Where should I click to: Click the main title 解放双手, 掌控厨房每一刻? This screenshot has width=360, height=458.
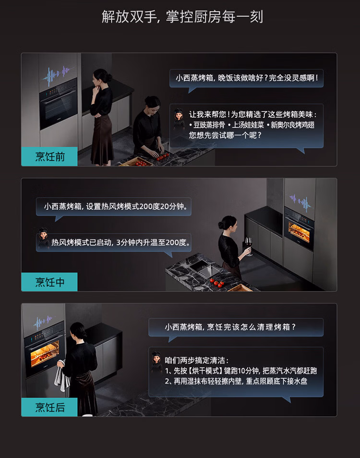[x=182, y=16]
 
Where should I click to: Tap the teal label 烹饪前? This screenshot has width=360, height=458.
[x=49, y=156]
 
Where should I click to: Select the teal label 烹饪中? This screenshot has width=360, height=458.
[x=49, y=282]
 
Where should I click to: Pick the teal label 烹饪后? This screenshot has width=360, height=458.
[x=49, y=407]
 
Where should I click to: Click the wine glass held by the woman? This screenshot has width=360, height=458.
[x=249, y=246]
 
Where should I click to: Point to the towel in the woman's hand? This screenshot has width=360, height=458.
[x=61, y=377]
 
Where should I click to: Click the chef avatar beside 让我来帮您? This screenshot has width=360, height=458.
[x=179, y=118]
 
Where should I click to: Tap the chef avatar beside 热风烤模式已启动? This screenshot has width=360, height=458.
[x=44, y=238]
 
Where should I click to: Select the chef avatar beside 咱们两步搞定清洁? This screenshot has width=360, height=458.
[x=157, y=362]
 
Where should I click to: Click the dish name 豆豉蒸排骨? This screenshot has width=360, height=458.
[x=209, y=125]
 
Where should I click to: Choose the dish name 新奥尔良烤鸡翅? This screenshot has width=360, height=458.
[x=292, y=125]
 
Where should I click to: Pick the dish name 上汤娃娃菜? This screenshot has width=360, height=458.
[x=248, y=125]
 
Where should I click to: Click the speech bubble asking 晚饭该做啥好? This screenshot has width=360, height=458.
[x=247, y=79]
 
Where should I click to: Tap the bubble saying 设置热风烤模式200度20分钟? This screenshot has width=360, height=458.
[x=113, y=207]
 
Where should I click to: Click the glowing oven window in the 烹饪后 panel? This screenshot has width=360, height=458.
[x=45, y=353]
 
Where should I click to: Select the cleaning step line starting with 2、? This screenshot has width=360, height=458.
[x=236, y=381]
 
